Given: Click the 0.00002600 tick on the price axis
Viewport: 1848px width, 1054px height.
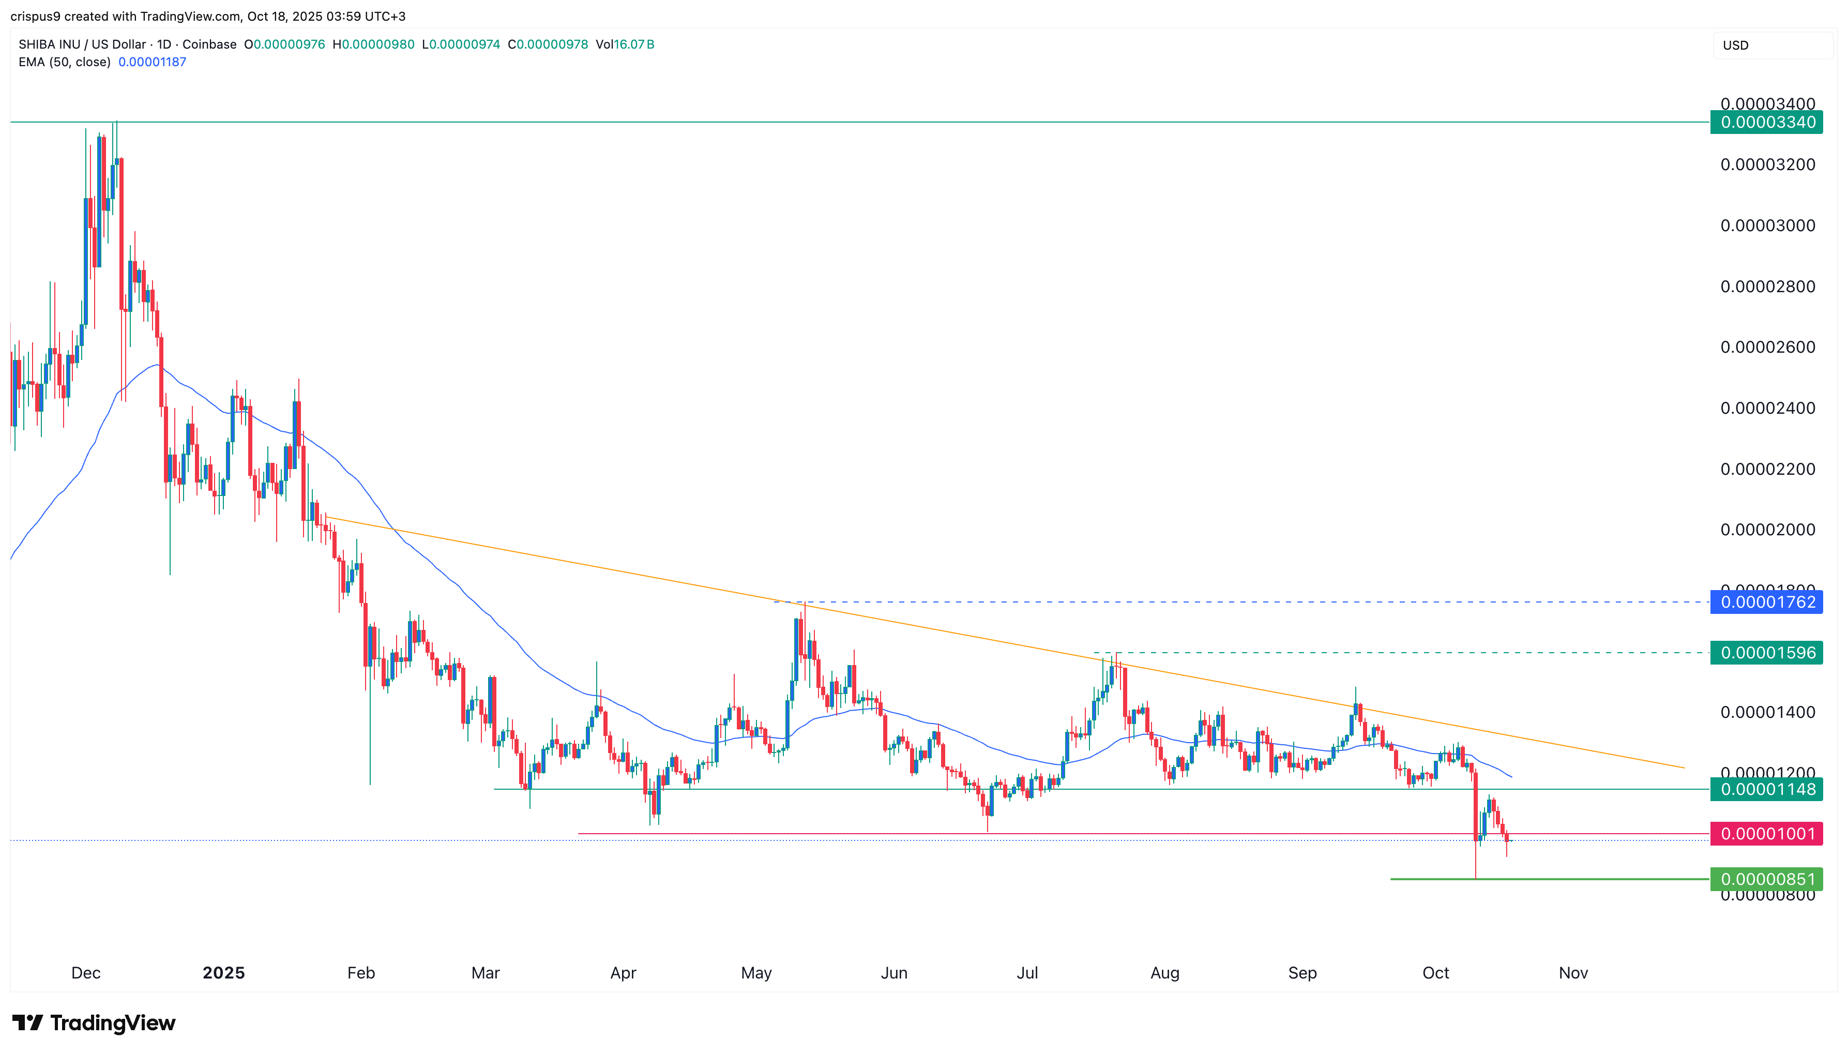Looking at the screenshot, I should pyautogui.click(x=1767, y=348).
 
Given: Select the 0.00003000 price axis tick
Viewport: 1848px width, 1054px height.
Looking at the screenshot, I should pyautogui.click(x=1767, y=226).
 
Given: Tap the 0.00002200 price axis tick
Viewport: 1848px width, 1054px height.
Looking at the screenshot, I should pyautogui.click(x=1767, y=469).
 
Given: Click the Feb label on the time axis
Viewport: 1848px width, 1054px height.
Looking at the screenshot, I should pyautogui.click(x=361, y=973).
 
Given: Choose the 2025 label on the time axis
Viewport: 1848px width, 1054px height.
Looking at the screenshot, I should pyautogui.click(x=223, y=973).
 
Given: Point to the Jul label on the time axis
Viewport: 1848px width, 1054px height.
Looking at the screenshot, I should pyautogui.click(x=1027, y=973).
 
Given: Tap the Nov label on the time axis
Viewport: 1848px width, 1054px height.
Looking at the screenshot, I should pyautogui.click(x=1573, y=973).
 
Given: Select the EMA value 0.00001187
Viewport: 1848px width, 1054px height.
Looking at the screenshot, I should pyautogui.click(x=152, y=62).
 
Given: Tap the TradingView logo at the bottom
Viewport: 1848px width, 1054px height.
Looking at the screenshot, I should pyautogui.click(x=94, y=1023).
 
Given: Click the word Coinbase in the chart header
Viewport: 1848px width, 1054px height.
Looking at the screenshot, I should pyautogui.click(x=209, y=45).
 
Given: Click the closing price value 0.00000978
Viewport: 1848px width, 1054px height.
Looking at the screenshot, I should pyautogui.click(x=551, y=45).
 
